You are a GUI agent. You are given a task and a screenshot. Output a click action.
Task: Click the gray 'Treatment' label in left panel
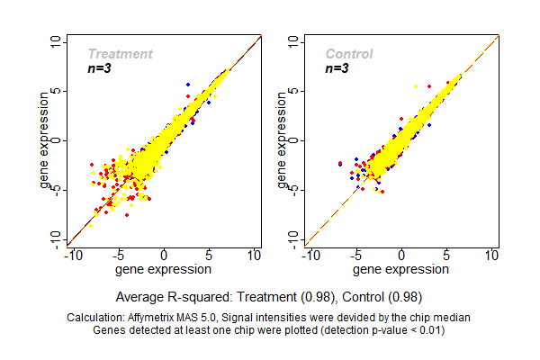120,54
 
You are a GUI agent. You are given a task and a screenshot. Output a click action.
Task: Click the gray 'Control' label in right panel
349,54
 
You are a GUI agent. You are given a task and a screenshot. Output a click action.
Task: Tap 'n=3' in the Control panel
337,68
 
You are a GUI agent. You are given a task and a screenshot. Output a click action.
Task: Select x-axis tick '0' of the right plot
402,256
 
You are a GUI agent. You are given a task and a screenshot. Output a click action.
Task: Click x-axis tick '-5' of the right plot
356,256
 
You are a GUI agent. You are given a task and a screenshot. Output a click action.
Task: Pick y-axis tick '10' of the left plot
57,41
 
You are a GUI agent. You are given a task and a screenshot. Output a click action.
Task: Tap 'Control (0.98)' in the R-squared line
383,296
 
